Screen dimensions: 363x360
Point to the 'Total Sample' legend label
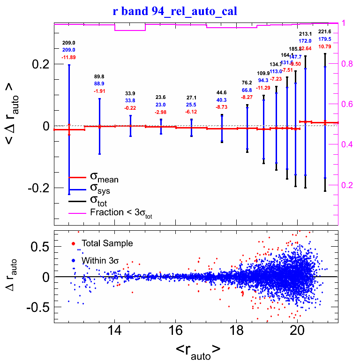107,243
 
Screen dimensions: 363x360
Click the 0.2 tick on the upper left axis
40,64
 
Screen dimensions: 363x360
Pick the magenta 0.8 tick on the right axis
347,64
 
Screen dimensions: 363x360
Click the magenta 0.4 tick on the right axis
347,144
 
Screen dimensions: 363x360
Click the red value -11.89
68,57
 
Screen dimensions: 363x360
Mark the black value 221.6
325,32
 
